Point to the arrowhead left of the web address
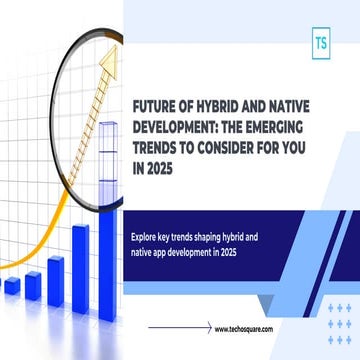click(206, 327)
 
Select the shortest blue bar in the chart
click(12, 286)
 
